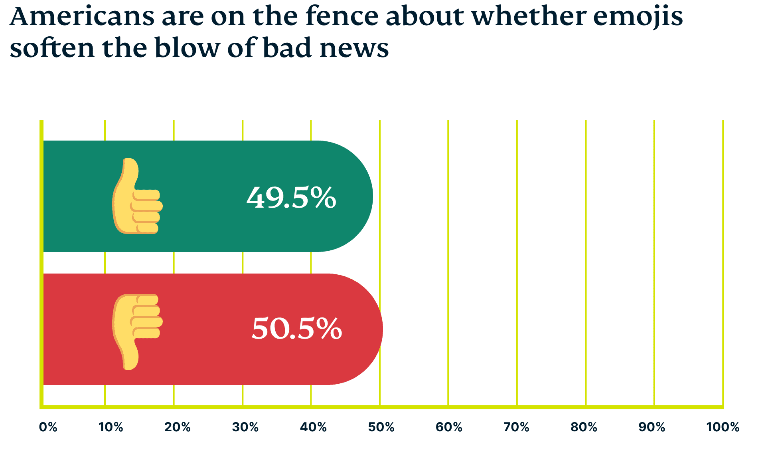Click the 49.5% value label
coord(291,197)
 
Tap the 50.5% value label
coord(297,329)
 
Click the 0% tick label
coord(48,427)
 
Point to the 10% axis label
coord(111,427)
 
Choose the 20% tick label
coord(178,427)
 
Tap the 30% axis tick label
coord(245,427)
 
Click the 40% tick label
coord(313,427)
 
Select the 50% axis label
coord(381,427)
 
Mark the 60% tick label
coord(449,427)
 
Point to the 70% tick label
coord(516,427)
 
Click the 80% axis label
coord(584,427)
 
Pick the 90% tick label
coord(652,427)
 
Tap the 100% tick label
coord(723,427)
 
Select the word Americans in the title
coord(82,17)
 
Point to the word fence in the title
coord(342,17)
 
